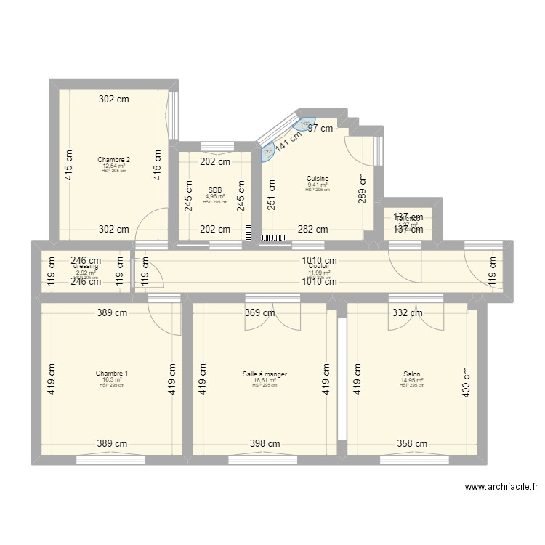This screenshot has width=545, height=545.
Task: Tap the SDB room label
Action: [x=214, y=190]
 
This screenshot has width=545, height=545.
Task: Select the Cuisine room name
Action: [x=318, y=179]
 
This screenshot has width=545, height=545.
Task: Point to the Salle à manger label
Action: [x=265, y=374]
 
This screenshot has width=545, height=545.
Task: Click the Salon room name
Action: [x=411, y=374]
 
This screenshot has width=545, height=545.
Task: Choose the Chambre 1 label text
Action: [x=111, y=374]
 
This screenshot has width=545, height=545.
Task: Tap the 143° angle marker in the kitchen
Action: [x=304, y=124]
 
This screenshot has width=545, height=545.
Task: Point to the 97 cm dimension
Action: [x=320, y=129]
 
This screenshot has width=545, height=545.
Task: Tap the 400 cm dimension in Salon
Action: [x=466, y=381]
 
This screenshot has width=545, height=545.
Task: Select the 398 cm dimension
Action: [x=265, y=443]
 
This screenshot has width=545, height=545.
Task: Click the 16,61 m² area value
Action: [x=265, y=380]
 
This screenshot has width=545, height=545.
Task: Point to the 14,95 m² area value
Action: [x=411, y=380]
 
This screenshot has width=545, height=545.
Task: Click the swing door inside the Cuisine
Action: [x=358, y=150]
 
